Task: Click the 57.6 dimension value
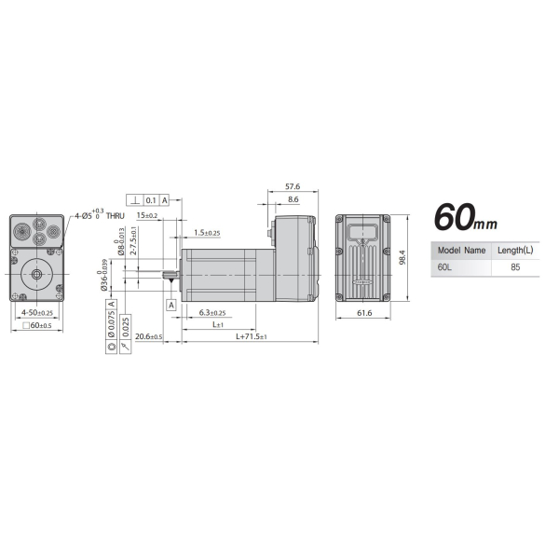292,187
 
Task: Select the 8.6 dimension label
293,199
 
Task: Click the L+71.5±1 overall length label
251,335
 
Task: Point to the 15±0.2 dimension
145,215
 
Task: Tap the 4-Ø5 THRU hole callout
98,215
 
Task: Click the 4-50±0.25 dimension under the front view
36,312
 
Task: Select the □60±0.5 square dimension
36,325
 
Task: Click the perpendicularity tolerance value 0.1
151,200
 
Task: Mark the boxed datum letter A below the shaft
170,305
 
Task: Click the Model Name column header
461,251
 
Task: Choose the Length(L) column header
515,251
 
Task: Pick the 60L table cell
443,266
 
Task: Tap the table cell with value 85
515,266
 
